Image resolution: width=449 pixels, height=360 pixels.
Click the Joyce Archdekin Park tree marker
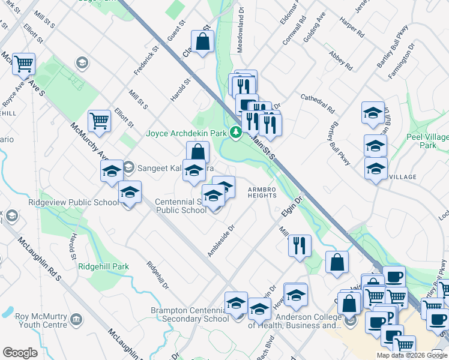(x=236, y=132)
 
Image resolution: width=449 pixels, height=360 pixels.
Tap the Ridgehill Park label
(x=104, y=266)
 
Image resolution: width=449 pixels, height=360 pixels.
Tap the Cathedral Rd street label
(x=317, y=103)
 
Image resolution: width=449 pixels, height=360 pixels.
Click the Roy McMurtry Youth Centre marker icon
(x=77, y=318)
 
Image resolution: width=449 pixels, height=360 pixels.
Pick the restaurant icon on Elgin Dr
(x=299, y=245)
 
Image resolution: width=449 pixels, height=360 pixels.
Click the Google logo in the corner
(x=20, y=353)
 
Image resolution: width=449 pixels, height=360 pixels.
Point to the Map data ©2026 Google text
(x=412, y=355)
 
